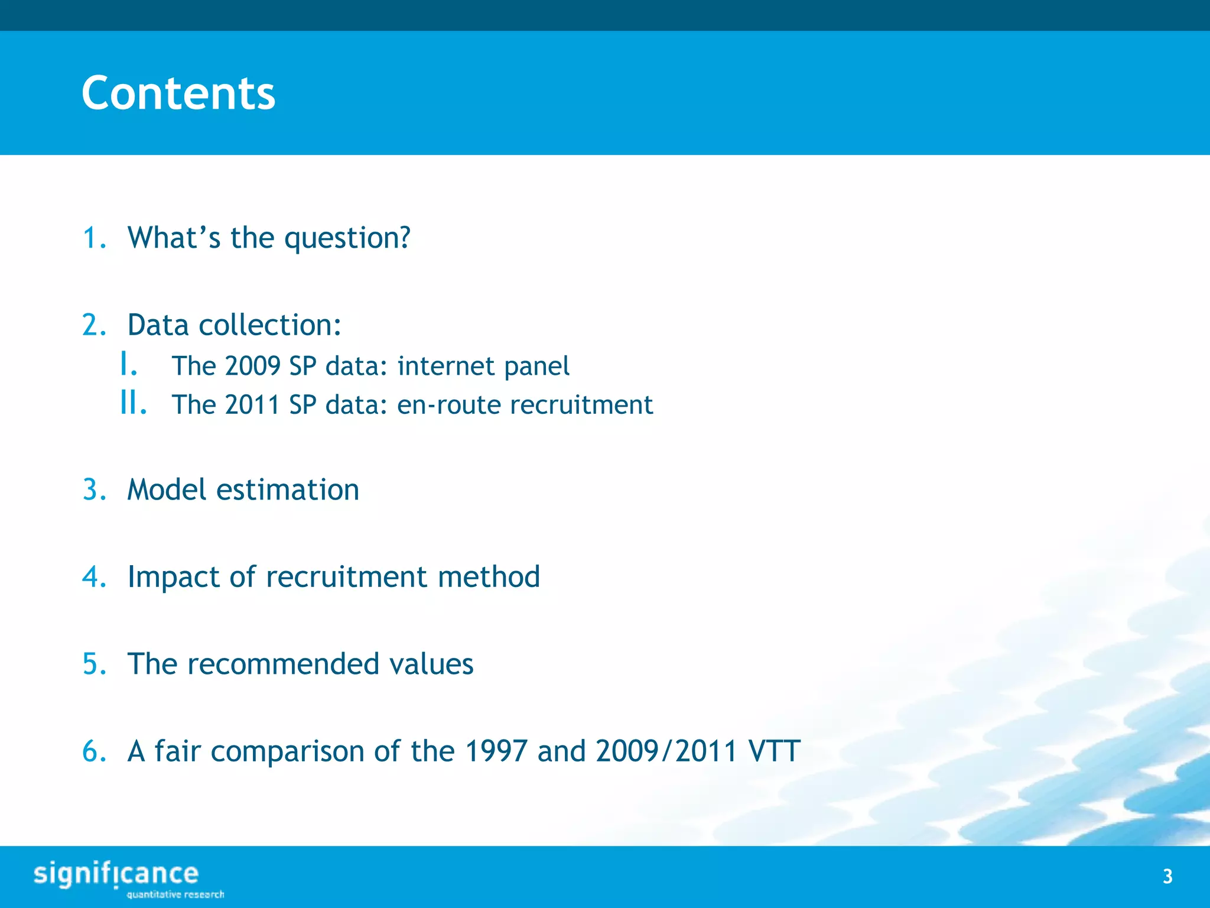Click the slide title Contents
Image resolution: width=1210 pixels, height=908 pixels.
[178, 93]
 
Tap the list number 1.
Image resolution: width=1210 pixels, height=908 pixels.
[93, 238]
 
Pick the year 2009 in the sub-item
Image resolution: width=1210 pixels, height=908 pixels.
[252, 366]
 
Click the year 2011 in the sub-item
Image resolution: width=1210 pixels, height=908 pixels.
[252, 406]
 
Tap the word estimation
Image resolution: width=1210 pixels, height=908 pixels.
[288, 490]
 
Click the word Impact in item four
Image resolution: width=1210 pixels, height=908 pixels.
[173, 578]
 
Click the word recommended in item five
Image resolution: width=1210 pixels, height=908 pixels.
[283, 664]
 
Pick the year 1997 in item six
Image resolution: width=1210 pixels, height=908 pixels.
[496, 751]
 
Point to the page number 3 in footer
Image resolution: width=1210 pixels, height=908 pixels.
[1167, 877]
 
